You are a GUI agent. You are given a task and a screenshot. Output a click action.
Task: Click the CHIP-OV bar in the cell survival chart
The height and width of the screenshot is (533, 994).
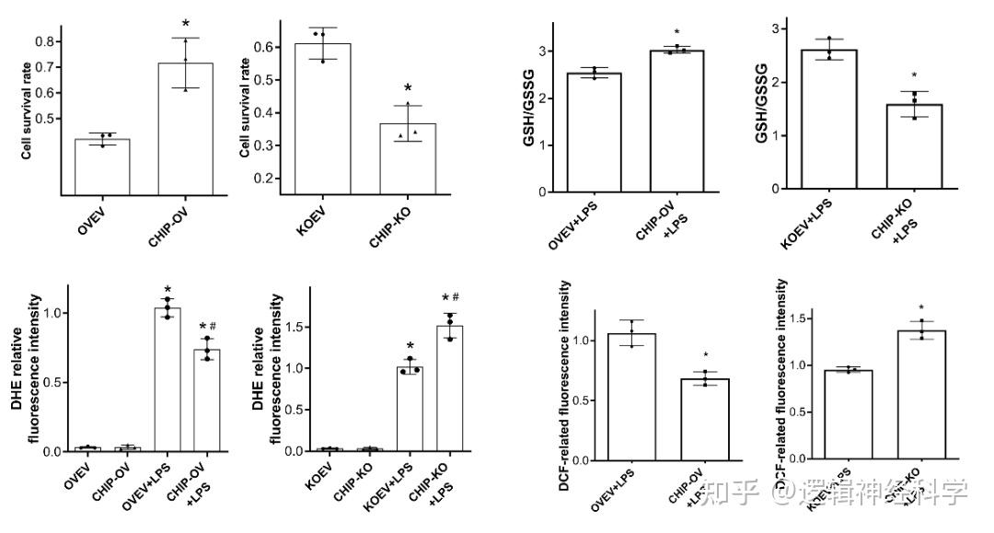pyautogui.click(x=185, y=129)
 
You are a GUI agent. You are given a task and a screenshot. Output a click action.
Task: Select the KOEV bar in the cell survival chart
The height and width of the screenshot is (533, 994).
pyautogui.click(x=323, y=120)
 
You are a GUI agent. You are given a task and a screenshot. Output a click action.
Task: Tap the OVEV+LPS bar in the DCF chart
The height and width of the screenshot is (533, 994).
pyautogui.click(x=631, y=397)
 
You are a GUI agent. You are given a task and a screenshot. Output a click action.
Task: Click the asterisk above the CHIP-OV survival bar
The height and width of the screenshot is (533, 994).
pyautogui.click(x=185, y=23)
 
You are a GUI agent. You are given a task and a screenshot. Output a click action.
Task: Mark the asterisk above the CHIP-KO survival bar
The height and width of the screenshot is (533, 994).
pyautogui.click(x=408, y=88)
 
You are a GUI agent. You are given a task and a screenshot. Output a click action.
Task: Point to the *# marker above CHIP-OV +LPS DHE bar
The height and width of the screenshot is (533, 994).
pyautogui.click(x=207, y=327)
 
